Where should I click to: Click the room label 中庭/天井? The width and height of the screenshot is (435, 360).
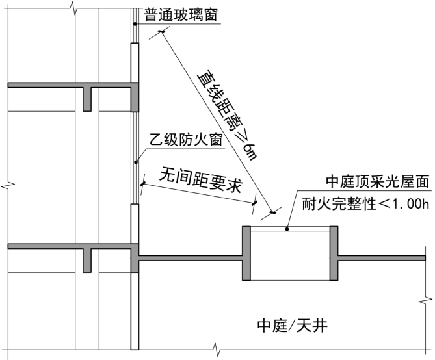point(287,325)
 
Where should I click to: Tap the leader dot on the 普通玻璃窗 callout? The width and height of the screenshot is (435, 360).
point(134,25)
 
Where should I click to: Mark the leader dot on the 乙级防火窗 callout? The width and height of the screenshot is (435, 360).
point(134,162)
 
